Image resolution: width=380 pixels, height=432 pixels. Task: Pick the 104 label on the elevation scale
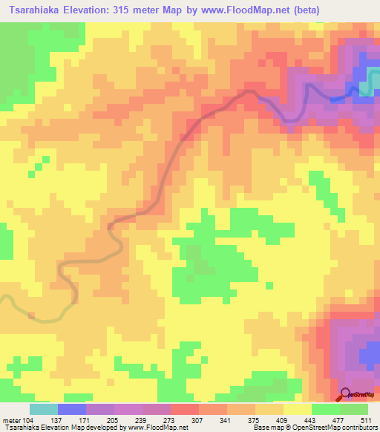coord(28,421)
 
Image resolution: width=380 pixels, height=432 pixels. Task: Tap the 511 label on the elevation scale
coord(368,421)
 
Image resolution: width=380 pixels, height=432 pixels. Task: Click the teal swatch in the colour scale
coord(44,410)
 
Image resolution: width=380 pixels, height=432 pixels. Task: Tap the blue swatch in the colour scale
coord(72,410)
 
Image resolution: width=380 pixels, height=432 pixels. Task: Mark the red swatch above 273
coord(185,410)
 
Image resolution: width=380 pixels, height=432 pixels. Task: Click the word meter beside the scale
coord(11,421)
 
